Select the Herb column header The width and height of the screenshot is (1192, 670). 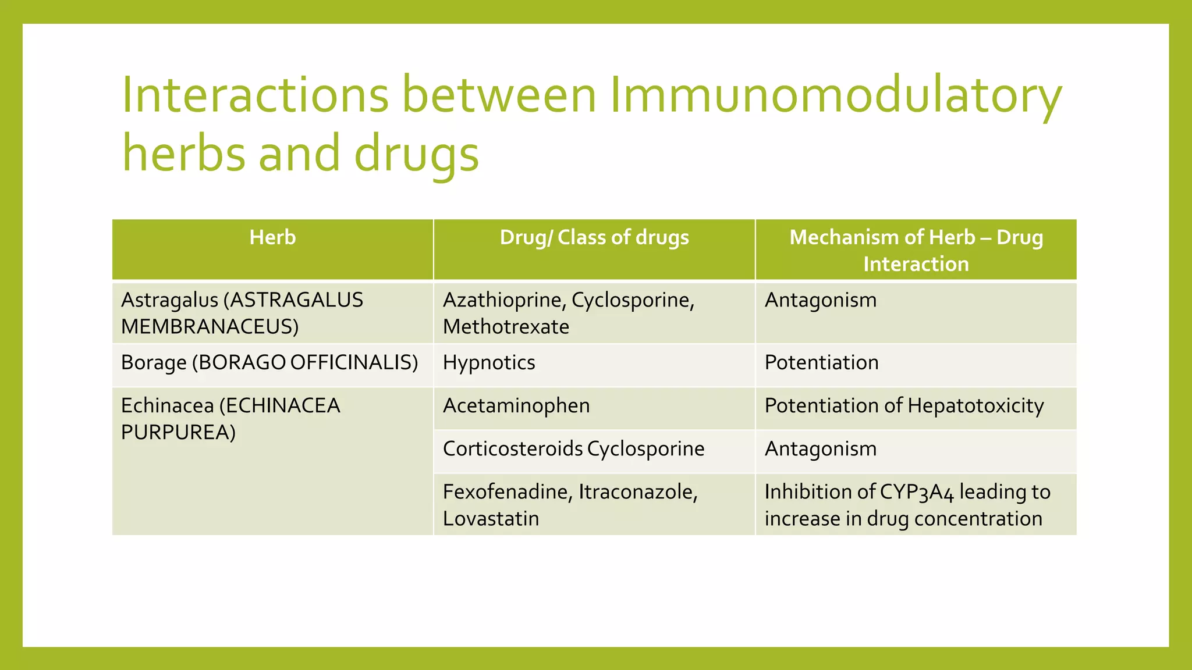(272, 238)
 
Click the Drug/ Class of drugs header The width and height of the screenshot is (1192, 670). (594, 238)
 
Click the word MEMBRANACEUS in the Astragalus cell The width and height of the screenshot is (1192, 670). (210, 327)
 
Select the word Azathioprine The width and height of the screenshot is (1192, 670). (503, 300)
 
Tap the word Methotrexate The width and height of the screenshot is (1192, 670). (506, 327)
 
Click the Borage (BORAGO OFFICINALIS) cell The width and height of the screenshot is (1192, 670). (269, 363)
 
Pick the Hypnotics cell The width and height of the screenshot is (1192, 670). (489, 363)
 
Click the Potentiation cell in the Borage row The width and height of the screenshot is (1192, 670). (821, 363)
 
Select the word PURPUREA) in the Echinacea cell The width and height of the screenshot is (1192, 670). (178, 433)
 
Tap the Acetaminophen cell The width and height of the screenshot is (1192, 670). (516, 406)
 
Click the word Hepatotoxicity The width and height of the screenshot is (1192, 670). (975, 406)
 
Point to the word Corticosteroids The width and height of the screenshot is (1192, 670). (513, 449)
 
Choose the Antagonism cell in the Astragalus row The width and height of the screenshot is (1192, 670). (820, 300)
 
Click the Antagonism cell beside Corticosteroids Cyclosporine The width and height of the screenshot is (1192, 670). (820, 449)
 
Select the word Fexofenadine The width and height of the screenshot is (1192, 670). (506, 492)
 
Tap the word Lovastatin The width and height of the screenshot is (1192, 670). (491, 519)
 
